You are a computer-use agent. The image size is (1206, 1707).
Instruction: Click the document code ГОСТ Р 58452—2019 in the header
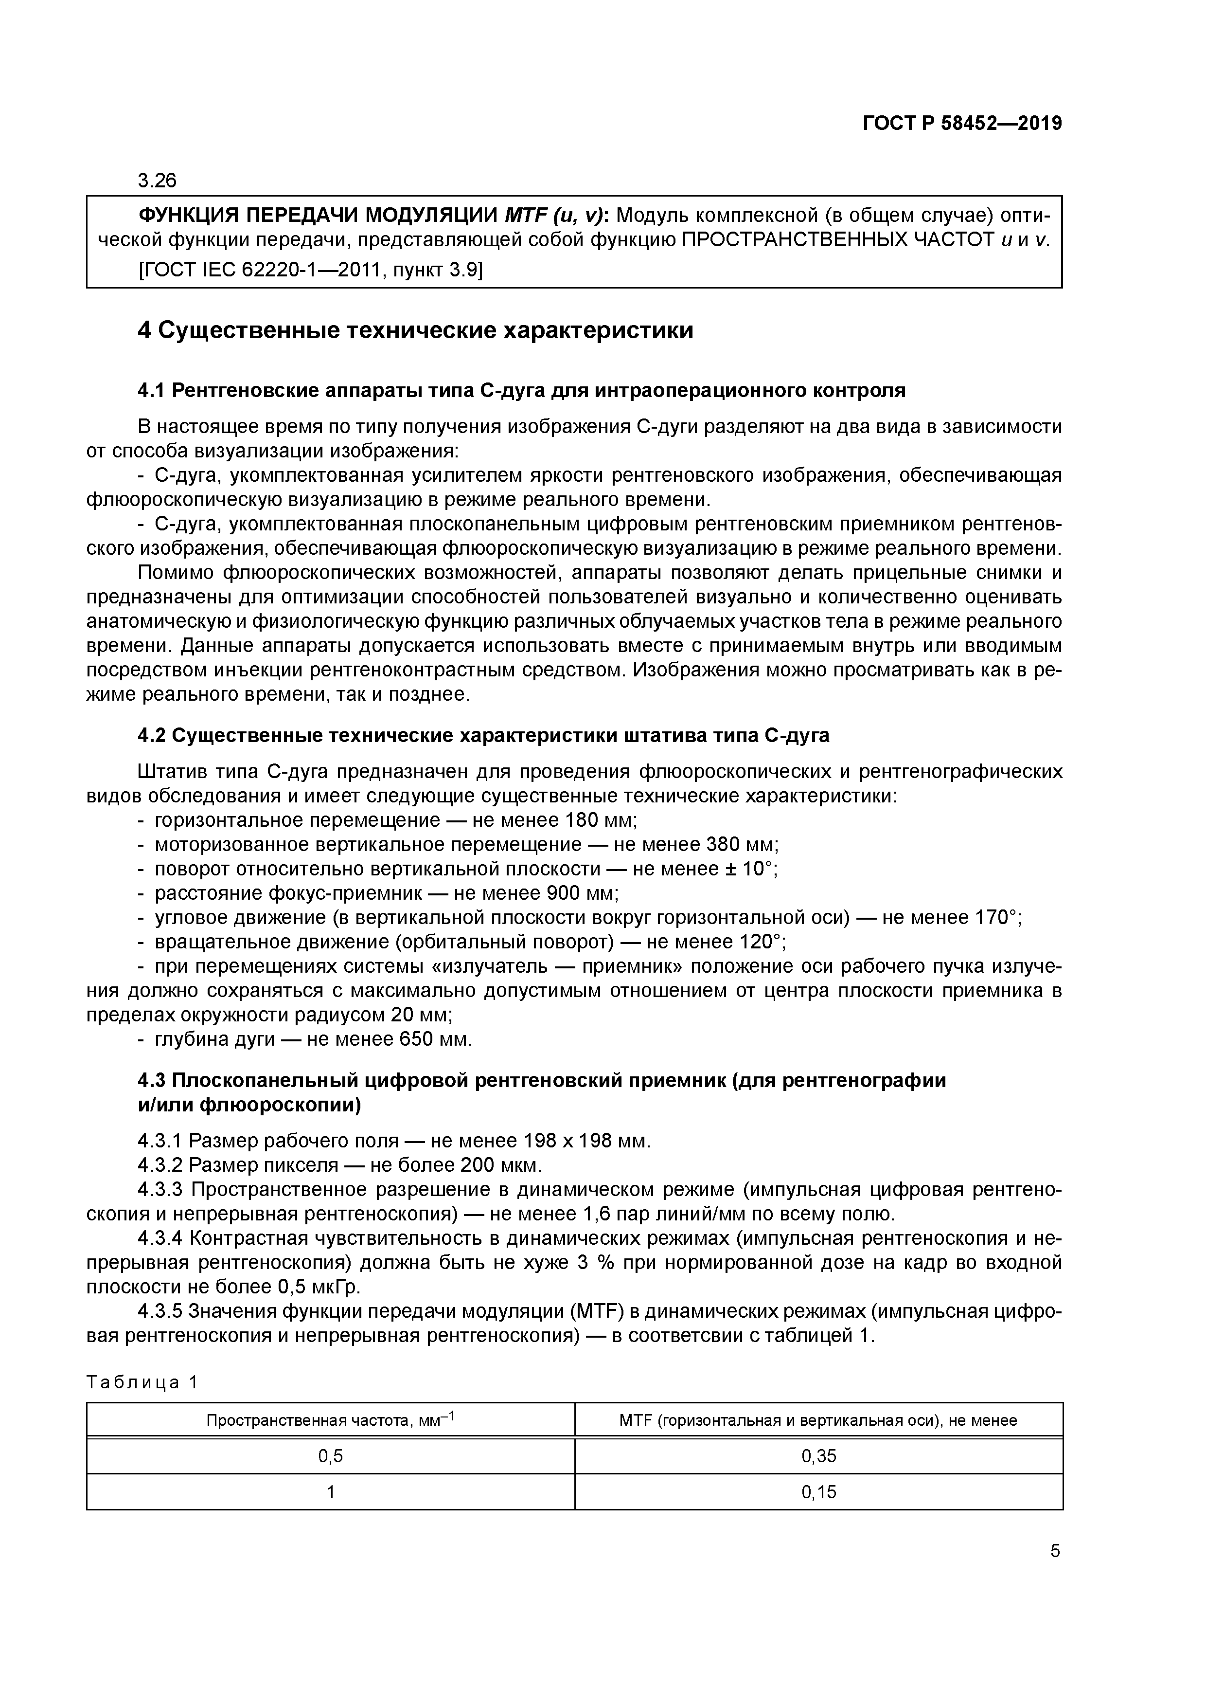pyautogui.click(x=962, y=124)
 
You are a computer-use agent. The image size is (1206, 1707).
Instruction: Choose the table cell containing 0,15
pyautogui.click(x=819, y=1492)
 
